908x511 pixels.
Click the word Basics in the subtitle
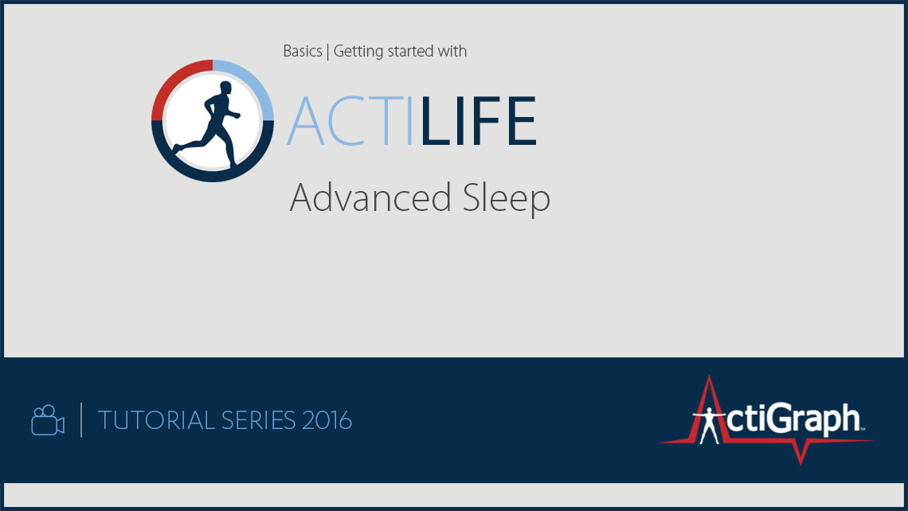click(x=303, y=52)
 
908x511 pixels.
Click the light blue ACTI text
click(x=350, y=121)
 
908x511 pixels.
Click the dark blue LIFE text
click(x=479, y=121)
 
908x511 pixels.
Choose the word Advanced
click(x=370, y=197)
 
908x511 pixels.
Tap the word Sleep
click(x=506, y=200)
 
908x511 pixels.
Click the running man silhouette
click(x=209, y=124)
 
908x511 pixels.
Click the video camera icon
click(x=48, y=420)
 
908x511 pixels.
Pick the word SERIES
click(x=258, y=421)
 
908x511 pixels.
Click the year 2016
click(x=327, y=421)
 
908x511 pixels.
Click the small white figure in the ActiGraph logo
click(x=708, y=425)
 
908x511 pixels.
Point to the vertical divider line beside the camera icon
click(x=81, y=420)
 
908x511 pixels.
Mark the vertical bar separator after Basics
click(x=328, y=52)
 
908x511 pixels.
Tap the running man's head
click(x=225, y=88)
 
